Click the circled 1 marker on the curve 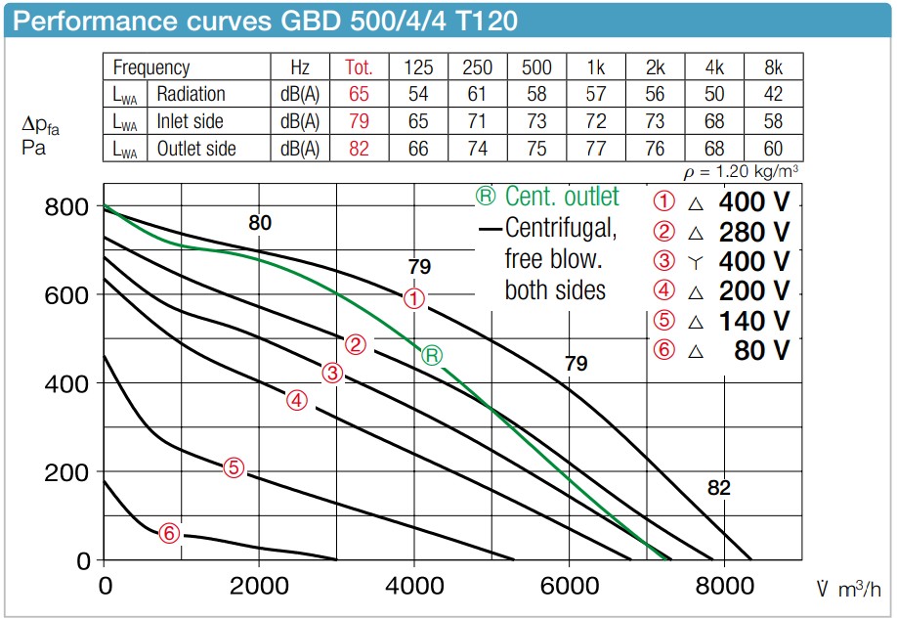[414, 299]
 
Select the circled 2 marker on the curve [356, 344]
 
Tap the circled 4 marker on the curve [297, 400]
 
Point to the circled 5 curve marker [233, 467]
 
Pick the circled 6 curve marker [170, 533]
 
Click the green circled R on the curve [432, 355]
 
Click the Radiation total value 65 [359, 94]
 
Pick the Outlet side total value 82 [359, 149]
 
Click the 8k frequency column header [773, 67]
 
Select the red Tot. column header [359, 67]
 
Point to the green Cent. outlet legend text [548, 197]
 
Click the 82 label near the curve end [719, 488]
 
